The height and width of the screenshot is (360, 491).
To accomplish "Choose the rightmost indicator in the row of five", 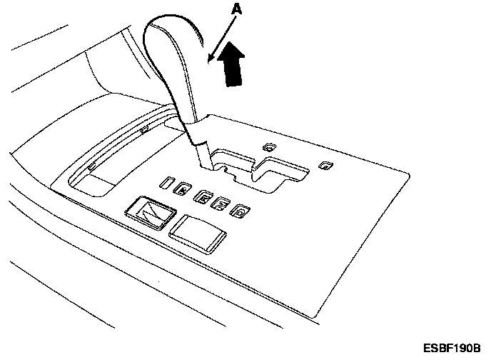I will (x=243, y=210).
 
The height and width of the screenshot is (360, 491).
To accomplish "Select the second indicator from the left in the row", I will (x=183, y=189).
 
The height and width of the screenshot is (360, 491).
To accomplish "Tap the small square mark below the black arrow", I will (x=269, y=146).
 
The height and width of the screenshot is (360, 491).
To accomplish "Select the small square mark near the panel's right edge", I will (x=325, y=166).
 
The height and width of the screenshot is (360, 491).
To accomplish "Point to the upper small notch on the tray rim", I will (x=145, y=129).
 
